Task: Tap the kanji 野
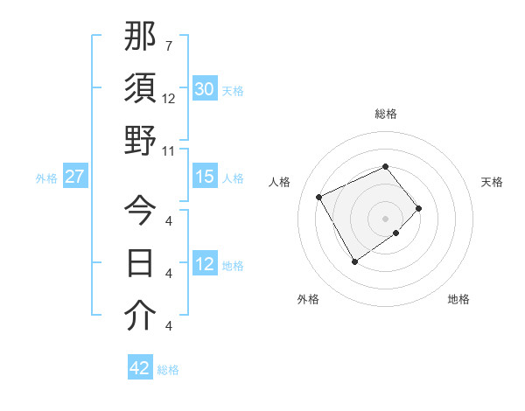pyautogui.click(x=141, y=141)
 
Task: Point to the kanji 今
pyautogui.click(x=141, y=211)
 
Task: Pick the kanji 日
pyautogui.click(x=141, y=263)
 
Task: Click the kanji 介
pyautogui.click(x=141, y=317)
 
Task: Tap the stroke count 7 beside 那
pyautogui.click(x=169, y=45)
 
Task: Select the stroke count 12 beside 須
pyautogui.click(x=169, y=99)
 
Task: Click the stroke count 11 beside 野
pyautogui.click(x=169, y=151)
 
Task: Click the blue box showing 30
pyautogui.click(x=205, y=89)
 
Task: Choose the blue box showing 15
pyautogui.click(x=205, y=177)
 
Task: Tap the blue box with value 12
pyautogui.click(x=205, y=264)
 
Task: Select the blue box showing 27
pyautogui.click(x=74, y=177)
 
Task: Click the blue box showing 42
pyautogui.click(x=140, y=368)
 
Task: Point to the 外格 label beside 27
pyautogui.click(x=46, y=178)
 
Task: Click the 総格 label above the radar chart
pyautogui.click(x=386, y=114)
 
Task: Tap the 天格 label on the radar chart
pyautogui.click(x=492, y=182)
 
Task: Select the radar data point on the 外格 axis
pyautogui.click(x=354, y=261)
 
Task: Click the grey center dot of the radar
pyautogui.click(x=386, y=217)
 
